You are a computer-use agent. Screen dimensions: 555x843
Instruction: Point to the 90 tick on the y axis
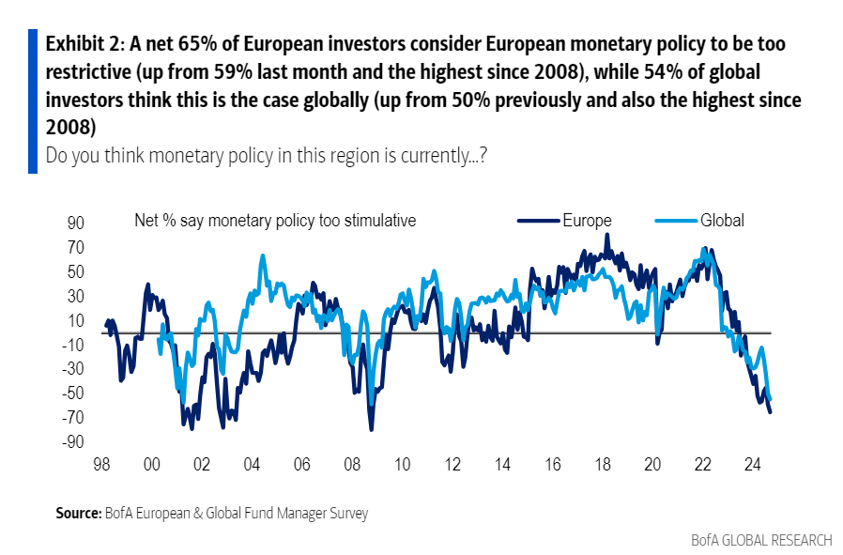point(75,224)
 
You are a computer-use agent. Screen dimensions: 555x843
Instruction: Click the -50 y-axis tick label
point(72,393)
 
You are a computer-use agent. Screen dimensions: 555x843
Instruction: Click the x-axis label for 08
point(351,464)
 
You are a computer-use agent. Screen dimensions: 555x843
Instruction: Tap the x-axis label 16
point(552,464)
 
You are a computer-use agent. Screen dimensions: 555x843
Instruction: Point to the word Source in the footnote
point(78,514)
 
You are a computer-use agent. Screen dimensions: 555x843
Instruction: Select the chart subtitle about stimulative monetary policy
point(275,221)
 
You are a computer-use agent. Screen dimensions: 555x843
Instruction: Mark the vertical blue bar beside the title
point(32,100)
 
